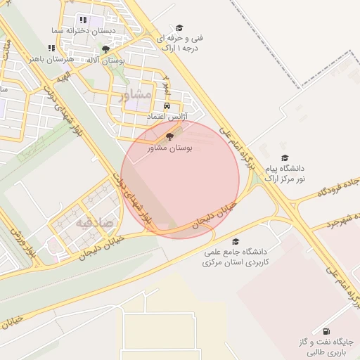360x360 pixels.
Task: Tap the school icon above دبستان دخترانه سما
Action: pos(83,20)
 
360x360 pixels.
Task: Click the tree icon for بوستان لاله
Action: pos(105,49)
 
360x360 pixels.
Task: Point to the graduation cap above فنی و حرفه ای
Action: pos(179,27)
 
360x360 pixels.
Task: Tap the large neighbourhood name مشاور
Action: pos(136,94)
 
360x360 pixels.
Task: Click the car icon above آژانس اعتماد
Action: pos(167,106)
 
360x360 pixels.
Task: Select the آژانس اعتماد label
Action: pos(166,115)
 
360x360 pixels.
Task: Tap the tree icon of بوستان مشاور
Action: pos(169,138)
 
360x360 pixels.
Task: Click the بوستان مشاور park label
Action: pos(169,148)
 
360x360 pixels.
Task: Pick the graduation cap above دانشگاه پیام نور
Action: pos(285,158)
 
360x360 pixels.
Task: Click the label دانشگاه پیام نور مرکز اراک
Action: pos(285,174)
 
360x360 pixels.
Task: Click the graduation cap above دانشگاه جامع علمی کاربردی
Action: pos(234,241)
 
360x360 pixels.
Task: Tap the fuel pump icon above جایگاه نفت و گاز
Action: pos(325,331)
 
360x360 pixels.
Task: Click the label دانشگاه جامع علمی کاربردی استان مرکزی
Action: pos(232,257)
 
